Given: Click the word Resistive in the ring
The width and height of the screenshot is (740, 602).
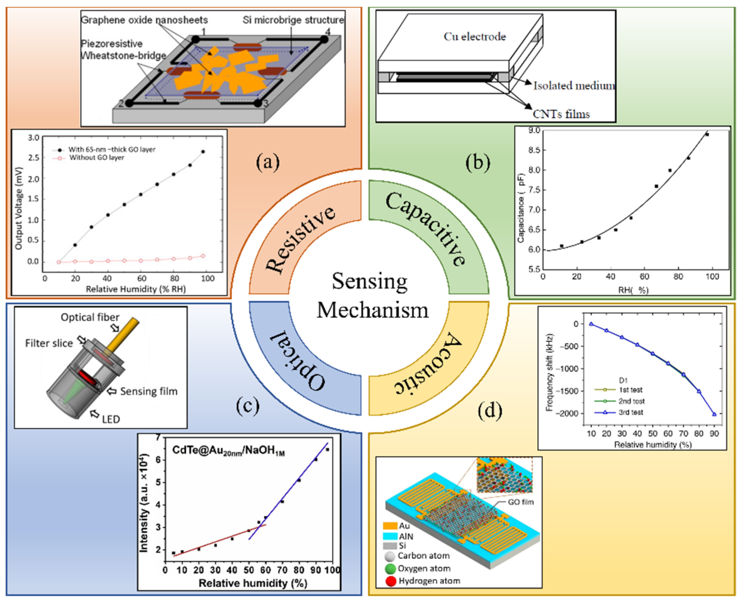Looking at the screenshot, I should click(300, 239).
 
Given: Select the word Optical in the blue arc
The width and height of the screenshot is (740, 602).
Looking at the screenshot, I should click(298, 361).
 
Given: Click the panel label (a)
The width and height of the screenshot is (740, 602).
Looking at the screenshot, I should click(267, 162).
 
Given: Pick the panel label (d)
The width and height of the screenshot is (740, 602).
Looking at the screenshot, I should click(490, 411).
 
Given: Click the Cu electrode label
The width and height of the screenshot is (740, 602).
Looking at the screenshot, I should click(475, 37).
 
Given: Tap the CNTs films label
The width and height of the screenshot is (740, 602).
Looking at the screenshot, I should click(561, 114).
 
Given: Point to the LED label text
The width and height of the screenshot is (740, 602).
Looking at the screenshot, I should click(111, 419).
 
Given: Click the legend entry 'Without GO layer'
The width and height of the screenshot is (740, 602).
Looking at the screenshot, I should click(96, 158).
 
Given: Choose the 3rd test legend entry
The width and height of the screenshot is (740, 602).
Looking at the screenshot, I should click(631, 412).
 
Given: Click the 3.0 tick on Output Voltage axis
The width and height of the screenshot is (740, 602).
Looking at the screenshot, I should click(34, 138).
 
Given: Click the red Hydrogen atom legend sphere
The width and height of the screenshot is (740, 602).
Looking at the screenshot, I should click(391, 581).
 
